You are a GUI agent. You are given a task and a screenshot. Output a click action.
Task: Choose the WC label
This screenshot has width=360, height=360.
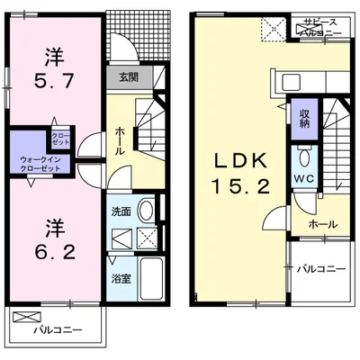click(302, 177)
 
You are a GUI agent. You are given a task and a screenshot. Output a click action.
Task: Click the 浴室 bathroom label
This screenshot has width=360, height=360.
click(120, 278)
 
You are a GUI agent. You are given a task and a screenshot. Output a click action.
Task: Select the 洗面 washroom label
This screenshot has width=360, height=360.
click(121, 212)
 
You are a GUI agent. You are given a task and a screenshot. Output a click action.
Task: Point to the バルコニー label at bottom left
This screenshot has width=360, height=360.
click(58, 330)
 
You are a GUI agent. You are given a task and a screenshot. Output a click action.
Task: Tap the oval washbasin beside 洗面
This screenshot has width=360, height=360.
click(146, 211)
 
